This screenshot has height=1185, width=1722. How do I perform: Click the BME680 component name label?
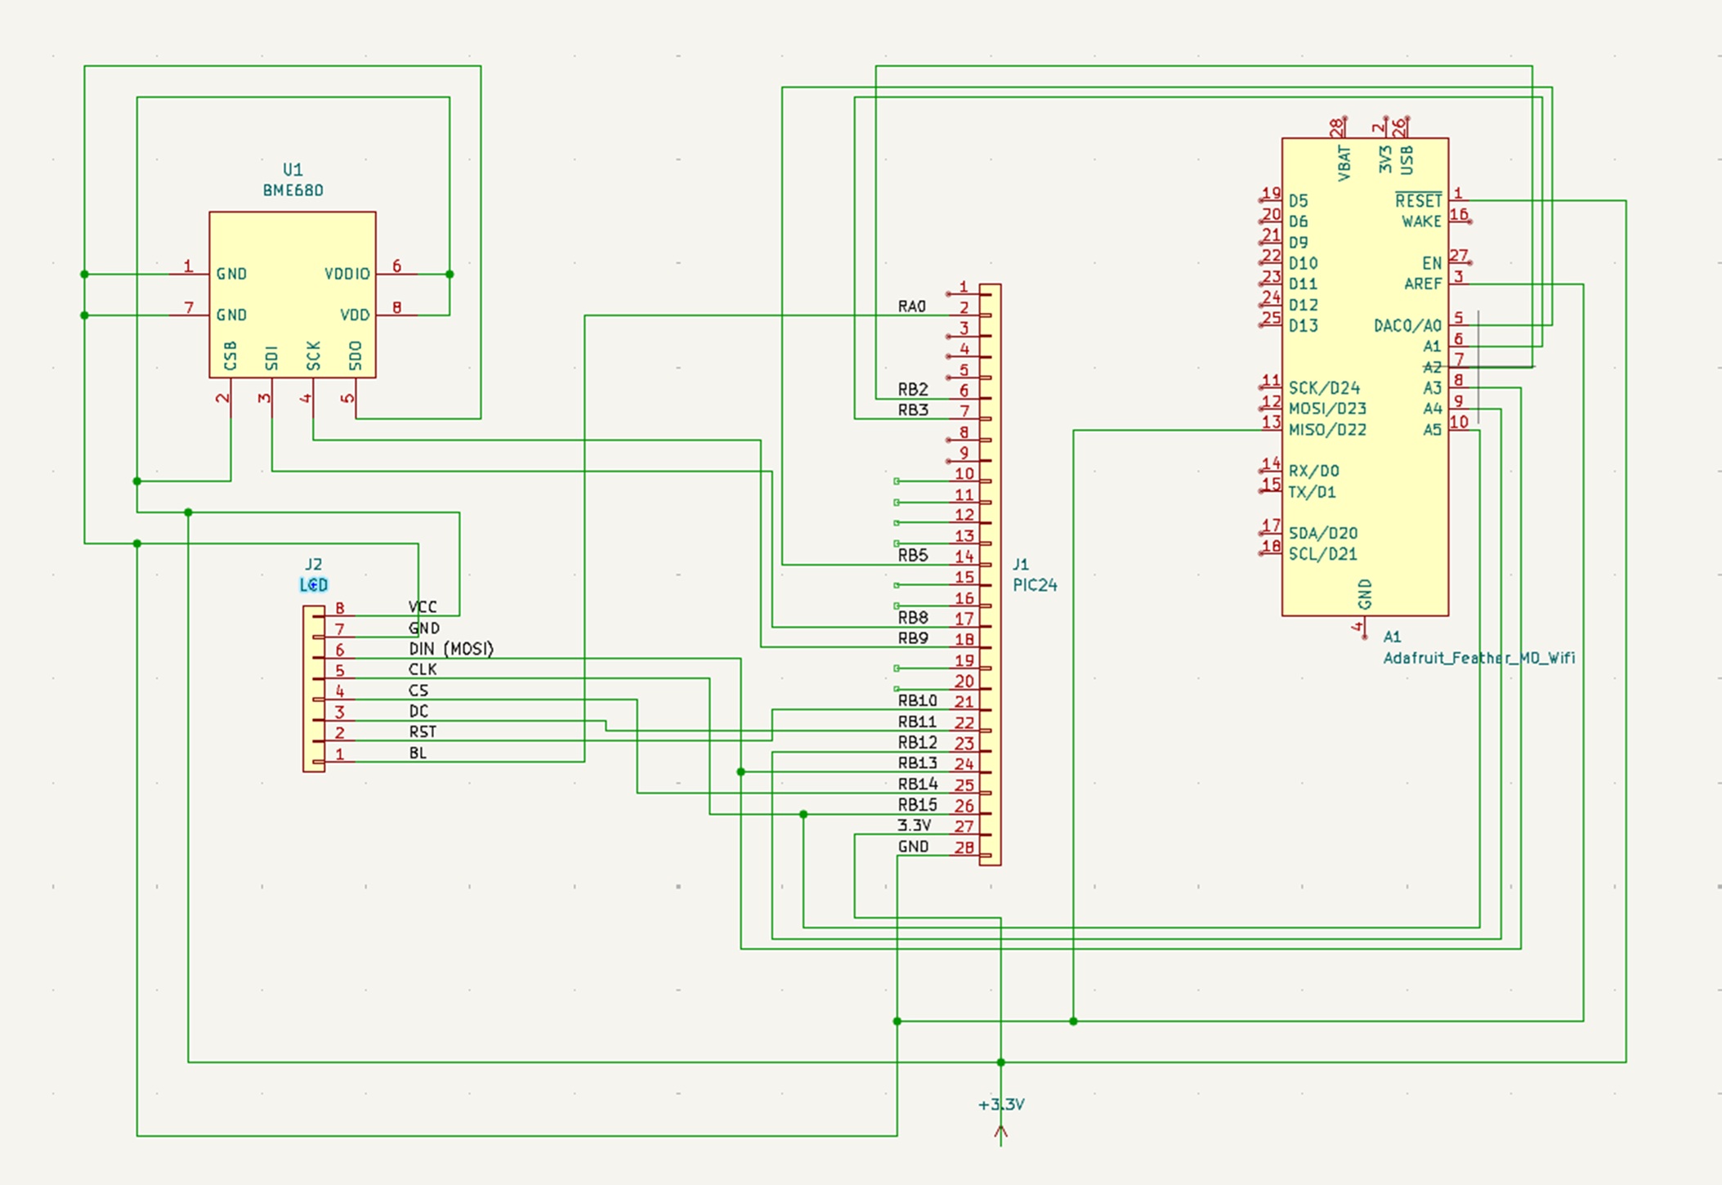click(293, 190)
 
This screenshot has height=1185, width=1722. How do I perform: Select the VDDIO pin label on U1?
click(347, 274)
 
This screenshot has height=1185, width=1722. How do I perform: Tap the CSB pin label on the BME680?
click(230, 355)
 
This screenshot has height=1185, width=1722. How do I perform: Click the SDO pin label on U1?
click(356, 355)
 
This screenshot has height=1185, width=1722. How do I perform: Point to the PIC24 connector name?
click(1035, 585)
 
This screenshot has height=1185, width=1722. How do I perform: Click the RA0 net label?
click(912, 306)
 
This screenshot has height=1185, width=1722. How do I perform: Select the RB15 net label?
click(917, 805)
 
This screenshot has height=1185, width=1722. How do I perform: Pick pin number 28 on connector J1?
click(964, 847)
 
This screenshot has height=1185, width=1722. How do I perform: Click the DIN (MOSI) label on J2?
click(451, 649)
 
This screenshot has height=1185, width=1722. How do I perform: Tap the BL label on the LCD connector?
click(418, 753)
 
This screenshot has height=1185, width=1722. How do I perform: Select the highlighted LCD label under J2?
click(314, 585)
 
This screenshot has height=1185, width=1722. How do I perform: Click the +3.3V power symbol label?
click(1001, 1105)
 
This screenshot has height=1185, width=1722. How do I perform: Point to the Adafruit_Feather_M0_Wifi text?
click(1478, 658)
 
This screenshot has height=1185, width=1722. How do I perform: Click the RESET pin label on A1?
click(1418, 201)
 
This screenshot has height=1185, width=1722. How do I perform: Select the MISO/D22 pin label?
click(1327, 430)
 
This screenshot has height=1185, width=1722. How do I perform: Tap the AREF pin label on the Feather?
click(1423, 284)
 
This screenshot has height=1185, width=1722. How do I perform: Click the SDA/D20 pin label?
click(1322, 534)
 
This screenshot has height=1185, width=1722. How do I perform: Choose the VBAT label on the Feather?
click(1344, 163)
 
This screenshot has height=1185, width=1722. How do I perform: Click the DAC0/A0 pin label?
click(1407, 326)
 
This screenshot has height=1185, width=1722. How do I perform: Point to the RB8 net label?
click(913, 618)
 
